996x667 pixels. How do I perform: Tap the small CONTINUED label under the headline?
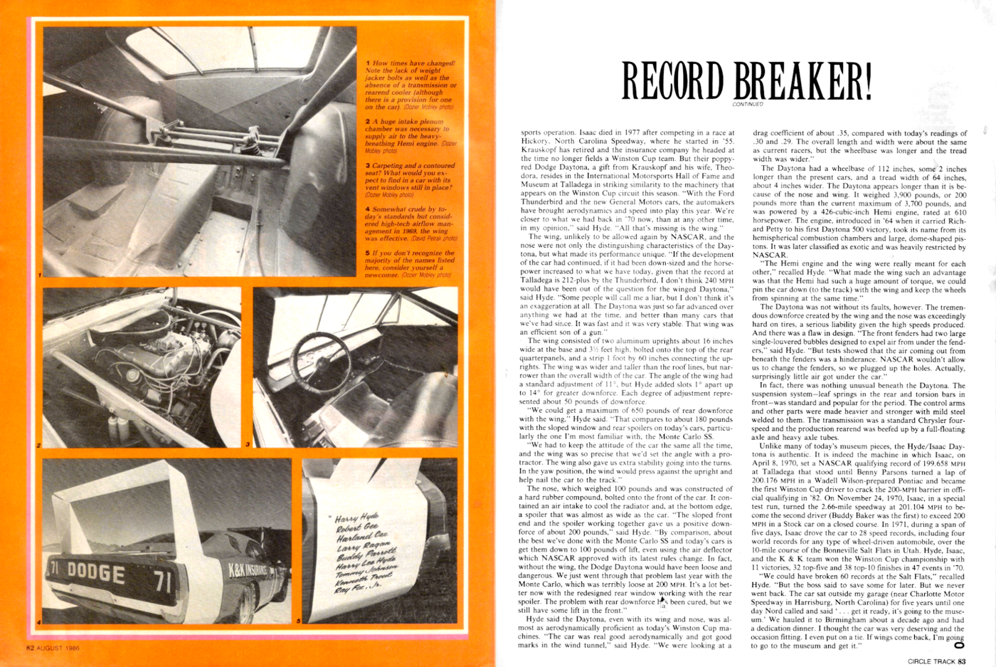747,104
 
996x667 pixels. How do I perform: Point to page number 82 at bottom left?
30,648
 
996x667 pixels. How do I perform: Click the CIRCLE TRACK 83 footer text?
936,661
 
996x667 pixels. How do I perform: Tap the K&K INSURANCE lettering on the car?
248,569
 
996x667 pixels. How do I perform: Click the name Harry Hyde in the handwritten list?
356,518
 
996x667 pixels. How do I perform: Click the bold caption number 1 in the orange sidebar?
367,63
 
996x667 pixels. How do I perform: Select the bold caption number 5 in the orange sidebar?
367,253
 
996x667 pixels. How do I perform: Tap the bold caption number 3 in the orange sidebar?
367,166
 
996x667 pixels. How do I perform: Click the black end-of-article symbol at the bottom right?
958,646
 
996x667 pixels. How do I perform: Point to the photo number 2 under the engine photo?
39,446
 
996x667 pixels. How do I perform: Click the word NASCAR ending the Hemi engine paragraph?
769,254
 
